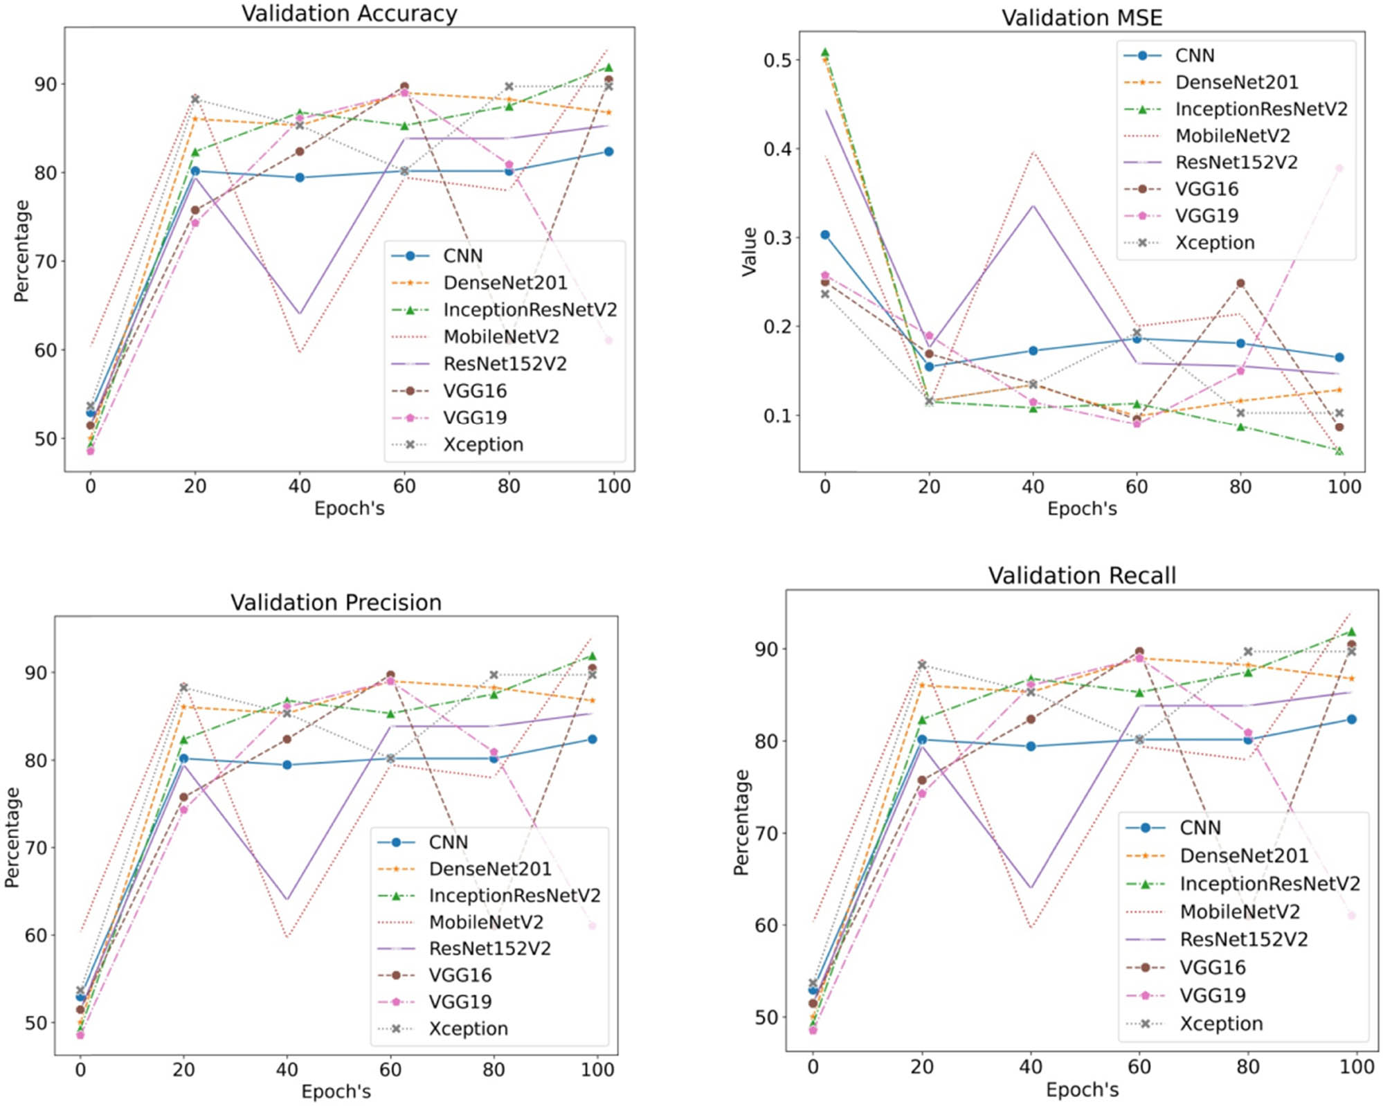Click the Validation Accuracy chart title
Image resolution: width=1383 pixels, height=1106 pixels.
tap(349, 14)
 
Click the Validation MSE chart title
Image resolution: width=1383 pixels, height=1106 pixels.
tap(1081, 17)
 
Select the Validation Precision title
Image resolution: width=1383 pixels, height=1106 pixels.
tap(336, 602)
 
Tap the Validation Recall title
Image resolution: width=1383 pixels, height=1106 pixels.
tap(1081, 575)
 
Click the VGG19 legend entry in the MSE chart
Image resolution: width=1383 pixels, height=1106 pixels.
tap(1206, 216)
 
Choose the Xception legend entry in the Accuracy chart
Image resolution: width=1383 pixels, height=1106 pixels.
tap(482, 444)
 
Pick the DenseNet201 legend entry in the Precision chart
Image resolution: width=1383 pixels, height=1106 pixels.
tap(489, 869)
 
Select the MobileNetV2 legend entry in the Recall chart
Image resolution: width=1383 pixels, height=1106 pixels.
tap(1239, 912)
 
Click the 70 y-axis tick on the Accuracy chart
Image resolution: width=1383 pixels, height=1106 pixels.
tap(46, 262)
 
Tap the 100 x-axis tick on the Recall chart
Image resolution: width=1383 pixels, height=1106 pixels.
tap(1357, 1067)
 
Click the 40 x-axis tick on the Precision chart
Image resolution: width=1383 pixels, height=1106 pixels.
tap(287, 1069)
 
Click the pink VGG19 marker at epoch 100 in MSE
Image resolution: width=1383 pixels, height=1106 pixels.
tap(1339, 168)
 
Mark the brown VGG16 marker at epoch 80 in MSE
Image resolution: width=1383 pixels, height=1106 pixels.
tap(1240, 283)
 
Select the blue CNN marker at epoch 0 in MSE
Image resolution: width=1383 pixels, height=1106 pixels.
tap(824, 235)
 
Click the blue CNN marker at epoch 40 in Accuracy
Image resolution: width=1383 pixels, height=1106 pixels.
tap(300, 178)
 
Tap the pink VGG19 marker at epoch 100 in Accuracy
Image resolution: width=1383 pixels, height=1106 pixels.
tap(608, 340)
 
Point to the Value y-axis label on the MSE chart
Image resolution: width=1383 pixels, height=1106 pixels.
tap(749, 252)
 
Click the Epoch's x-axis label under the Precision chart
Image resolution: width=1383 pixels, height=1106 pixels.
tap(336, 1091)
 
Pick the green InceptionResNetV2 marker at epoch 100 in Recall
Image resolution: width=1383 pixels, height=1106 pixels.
tap(1350, 632)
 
